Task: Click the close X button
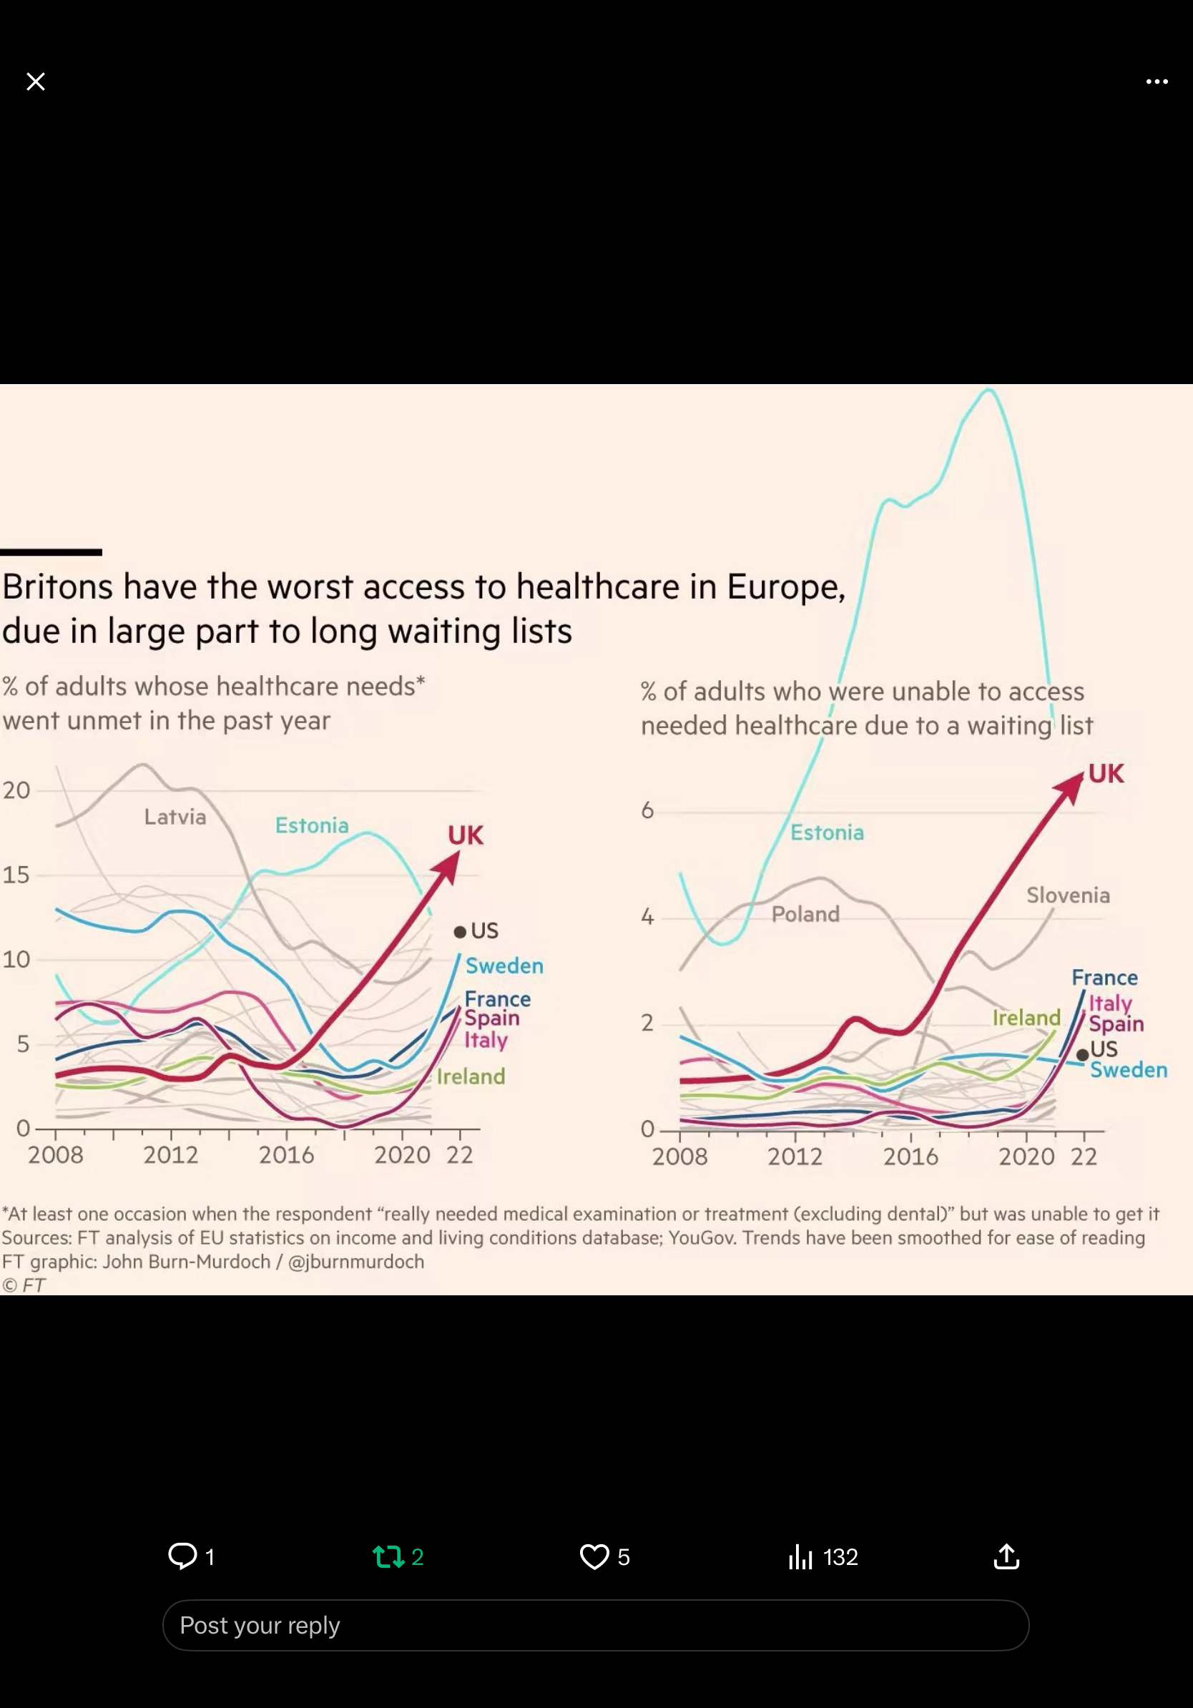36,81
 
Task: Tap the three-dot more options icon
1157,82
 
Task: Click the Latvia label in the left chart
175,817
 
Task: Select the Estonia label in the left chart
312,825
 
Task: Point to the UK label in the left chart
466,835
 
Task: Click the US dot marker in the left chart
460,932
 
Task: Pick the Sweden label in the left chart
504,966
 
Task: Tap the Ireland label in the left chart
471,1076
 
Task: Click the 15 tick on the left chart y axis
16,875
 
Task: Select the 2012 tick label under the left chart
171,1154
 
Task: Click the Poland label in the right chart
805,913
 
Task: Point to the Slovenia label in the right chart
1068,895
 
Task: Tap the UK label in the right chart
1106,774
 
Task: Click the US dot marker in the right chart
1083,1055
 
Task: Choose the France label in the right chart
1104,978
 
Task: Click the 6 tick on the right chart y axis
648,810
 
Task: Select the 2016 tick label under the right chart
911,1156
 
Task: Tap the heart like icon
594,1556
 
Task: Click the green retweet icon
388,1556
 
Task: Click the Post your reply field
596,1626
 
